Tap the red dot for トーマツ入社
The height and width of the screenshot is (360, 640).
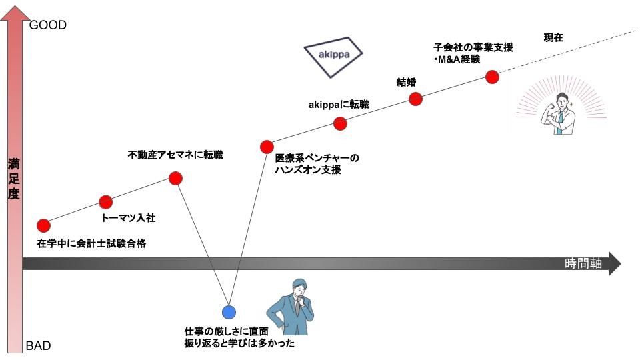pyautogui.click(x=105, y=201)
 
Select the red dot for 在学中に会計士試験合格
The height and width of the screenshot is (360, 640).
pyautogui.click(x=43, y=225)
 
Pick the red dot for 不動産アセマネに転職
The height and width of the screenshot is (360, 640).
pyautogui.click(x=175, y=178)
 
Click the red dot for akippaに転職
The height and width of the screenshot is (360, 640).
pyautogui.click(x=340, y=123)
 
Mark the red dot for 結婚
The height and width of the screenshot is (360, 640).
pyautogui.click(x=415, y=99)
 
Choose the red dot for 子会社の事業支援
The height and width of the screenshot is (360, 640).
pyautogui.click(x=492, y=76)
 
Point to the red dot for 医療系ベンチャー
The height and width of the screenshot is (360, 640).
pyautogui.click(x=267, y=147)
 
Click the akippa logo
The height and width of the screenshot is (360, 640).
pyautogui.click(x=333, y=54)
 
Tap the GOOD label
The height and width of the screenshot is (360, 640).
pyautogui.click(x=48, y=25)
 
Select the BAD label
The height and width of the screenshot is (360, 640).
pyautogui.click(x=38, y=346)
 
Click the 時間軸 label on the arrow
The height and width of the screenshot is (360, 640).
pyautogui.click(x=583, y=263)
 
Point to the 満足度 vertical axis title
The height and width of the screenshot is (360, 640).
pyautogui.click(x=14, y=178)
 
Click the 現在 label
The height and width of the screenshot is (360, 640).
pyautogui.click(x=553, y=37)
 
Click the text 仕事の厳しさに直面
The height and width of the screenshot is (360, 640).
pyautogui.click(x=226, y=331)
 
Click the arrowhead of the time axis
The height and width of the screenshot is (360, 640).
pyautogui.click(x=615, y=263)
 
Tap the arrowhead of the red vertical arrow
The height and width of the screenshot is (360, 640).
pyautogui.click(x=14, y=12)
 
